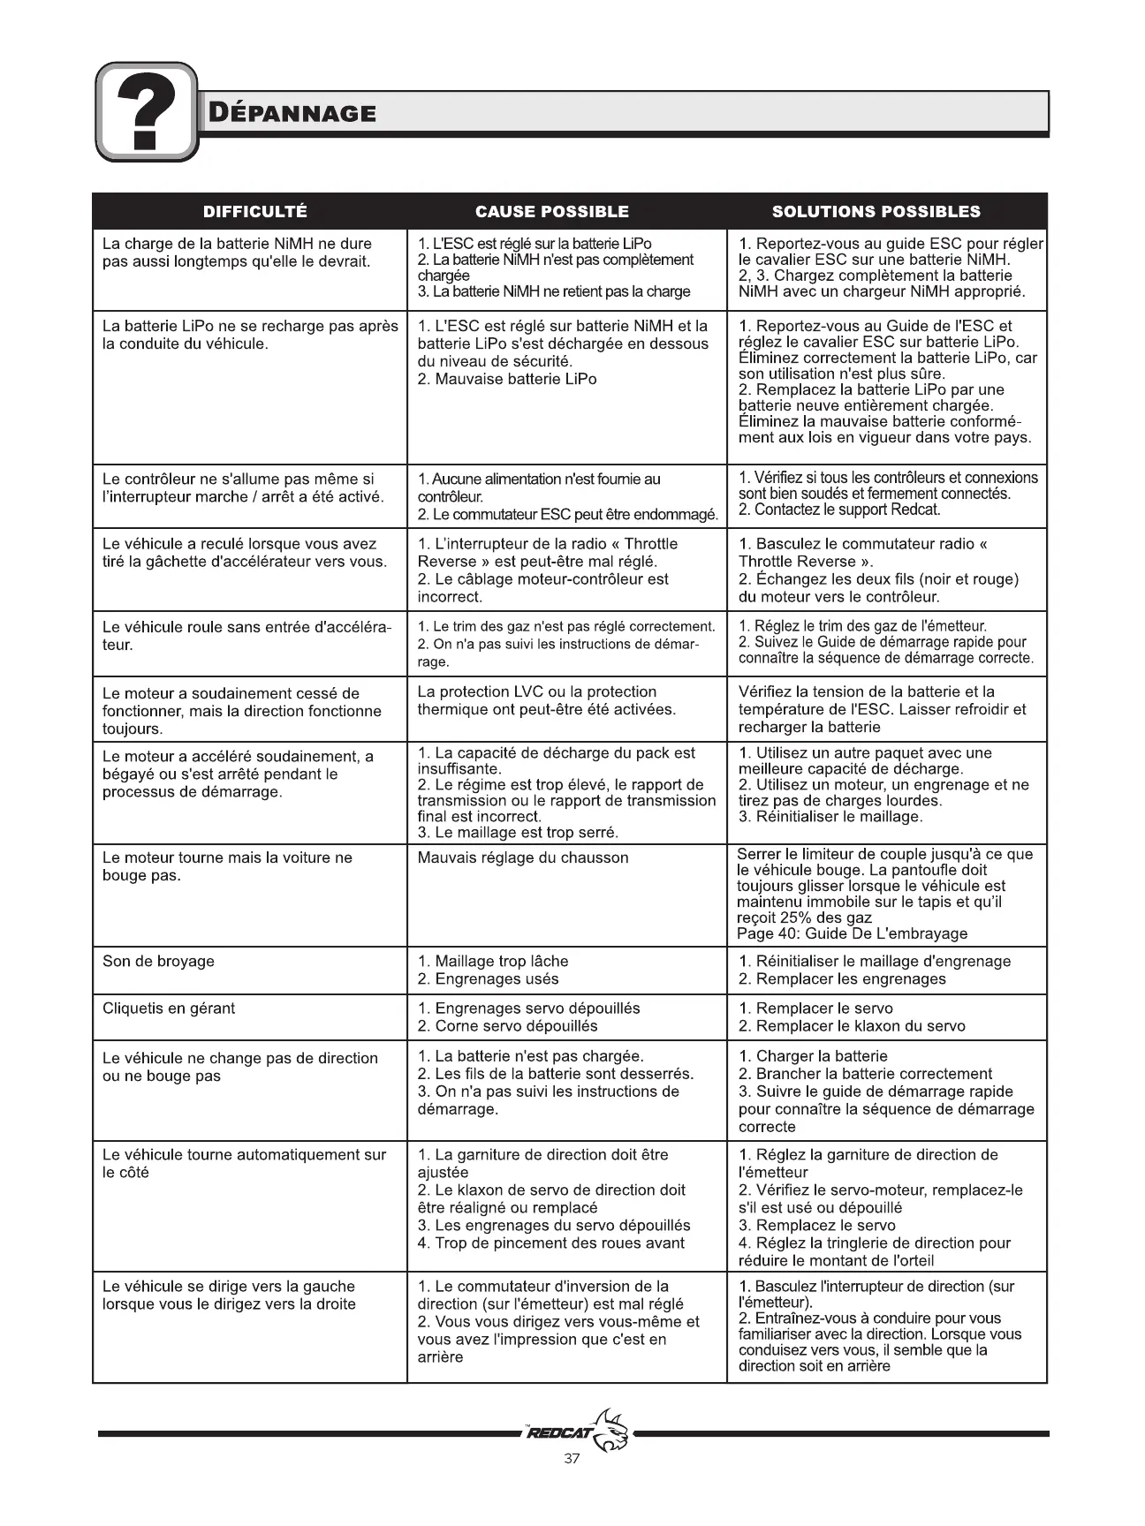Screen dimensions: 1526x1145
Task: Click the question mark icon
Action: (x=147, y=112)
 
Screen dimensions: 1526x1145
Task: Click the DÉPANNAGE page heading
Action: (x=292, y=113)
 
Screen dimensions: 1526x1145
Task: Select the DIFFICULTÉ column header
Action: (x=255, y=212)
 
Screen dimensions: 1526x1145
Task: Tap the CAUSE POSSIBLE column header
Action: (x=552, y=212)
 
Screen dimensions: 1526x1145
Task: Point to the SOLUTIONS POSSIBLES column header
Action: (x=876, y=212)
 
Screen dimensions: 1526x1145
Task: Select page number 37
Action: (x=572, y=1459)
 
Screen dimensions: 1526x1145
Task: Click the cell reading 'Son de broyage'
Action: (x=158, y=962)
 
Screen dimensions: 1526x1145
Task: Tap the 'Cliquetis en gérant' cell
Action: (x=169, y=1009)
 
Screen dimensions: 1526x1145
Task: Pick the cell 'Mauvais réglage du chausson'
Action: (x=523, y=857)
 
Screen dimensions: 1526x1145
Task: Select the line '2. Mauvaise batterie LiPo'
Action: (x=507, y=379)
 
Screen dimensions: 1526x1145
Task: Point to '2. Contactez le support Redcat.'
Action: (x=839, y=510)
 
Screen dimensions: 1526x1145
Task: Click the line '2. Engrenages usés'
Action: (x=488, y=979)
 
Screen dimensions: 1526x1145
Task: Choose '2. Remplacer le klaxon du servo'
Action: (x=852, y=1026)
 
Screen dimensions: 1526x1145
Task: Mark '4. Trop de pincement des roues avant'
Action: (x=550, y=1243)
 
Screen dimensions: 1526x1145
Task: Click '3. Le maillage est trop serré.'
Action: (x=518, y=833)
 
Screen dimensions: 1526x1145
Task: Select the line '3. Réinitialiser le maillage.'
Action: (x=830, y=817)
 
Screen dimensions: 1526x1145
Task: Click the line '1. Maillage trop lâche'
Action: (x=493, y=962)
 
